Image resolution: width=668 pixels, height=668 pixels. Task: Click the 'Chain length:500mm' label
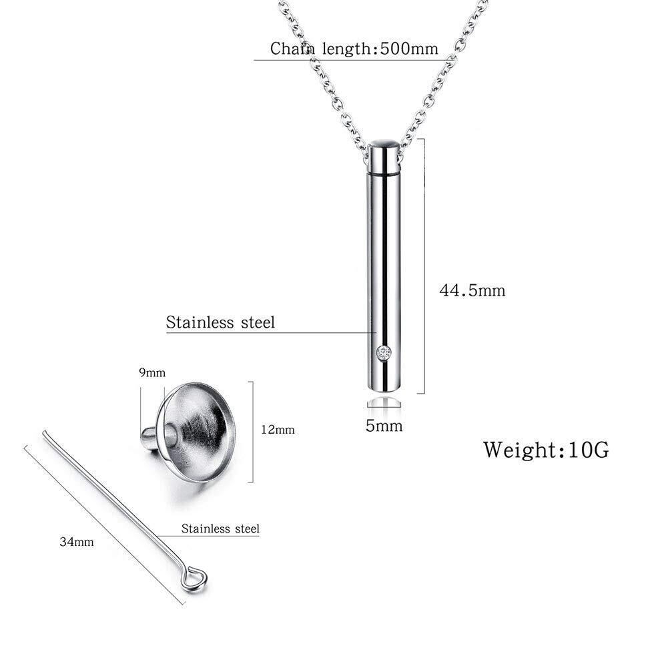[x=354, y=49]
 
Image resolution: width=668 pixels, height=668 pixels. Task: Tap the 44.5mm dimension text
[x=472, y=290]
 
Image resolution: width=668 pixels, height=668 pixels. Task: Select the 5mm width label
[x=384, y=426]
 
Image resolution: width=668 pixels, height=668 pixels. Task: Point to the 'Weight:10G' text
[x=546, y=450]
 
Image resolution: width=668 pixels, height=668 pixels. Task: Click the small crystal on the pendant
[x=384, y=353]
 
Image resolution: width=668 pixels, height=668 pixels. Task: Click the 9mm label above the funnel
[x=152, y=373]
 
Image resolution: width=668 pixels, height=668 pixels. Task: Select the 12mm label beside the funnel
[x=278, y=430]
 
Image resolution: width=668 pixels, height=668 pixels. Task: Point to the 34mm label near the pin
[x=77, y=542]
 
